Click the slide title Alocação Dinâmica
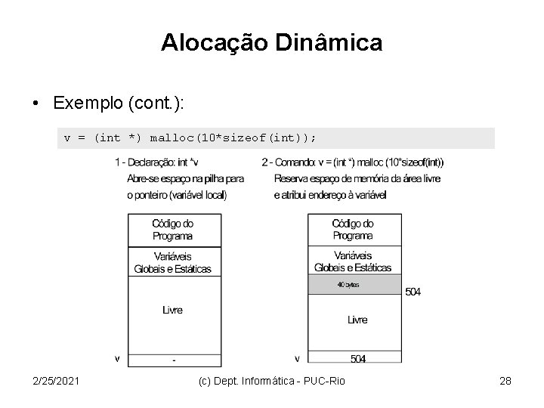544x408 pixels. [x=271, y=43]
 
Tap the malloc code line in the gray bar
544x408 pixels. [x=190, y=138]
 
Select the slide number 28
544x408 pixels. [x=505, y=380]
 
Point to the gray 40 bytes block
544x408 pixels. [x=353, y=284]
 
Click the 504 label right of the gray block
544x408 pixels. [x=413, y=292]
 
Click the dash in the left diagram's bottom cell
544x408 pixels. [x=173, y=358]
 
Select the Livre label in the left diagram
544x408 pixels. [x=173, y=310]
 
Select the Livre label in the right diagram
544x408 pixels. [x=357, y=320]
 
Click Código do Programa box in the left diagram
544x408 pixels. [x=173, y=229]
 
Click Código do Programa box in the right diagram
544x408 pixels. [x=353, y=229]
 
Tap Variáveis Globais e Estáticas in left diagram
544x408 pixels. [x=173, y=262]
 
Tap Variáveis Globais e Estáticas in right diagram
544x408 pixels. [x=353, y=261]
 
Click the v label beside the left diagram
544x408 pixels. [x=116, y=358]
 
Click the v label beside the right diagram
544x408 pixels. [x=297, y=358]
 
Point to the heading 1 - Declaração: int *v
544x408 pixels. [x=157, y=162]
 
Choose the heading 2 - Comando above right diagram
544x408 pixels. [x=353, y=162]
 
